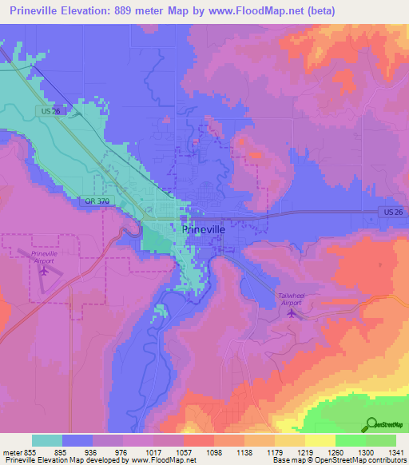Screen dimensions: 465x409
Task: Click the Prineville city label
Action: click(208, 229)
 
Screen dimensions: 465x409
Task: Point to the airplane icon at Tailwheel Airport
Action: click(291, 312)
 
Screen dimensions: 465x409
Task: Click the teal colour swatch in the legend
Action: click(46, 440)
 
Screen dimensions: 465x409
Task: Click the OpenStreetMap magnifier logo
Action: click(370, 425)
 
